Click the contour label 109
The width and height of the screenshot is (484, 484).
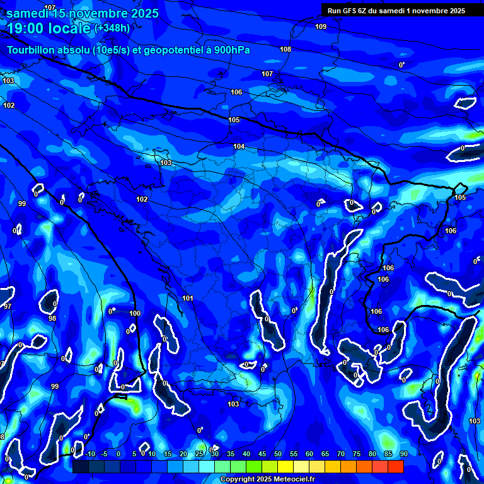point(321,26)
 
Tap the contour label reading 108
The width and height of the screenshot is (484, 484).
point(285,49)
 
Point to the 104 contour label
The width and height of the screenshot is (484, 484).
point(239,146)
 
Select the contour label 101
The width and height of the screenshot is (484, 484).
point(188,298)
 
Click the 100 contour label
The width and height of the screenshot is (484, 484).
point(135,313)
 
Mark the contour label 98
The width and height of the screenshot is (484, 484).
point(52,318)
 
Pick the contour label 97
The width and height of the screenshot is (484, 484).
point(7,306)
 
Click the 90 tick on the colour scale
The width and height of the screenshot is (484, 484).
point(403,454)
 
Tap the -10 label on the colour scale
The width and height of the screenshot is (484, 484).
point(89,454)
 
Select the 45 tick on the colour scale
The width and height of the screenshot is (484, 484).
point(262,454)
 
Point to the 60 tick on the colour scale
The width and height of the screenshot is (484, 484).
point(309,454)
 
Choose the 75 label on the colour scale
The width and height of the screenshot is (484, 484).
point(356,454)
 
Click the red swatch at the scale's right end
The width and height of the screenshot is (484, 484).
point(395,466)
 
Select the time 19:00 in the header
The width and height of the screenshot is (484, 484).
point(26,28)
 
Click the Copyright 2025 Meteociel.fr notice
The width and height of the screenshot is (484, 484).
point(267,479)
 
